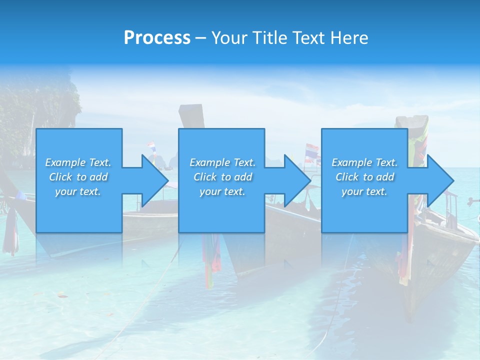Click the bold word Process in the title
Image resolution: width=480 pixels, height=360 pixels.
[x=157, y=37]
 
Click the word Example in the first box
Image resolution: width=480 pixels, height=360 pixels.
[x=65, y=162]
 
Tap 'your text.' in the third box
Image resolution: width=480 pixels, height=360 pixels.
[x=364, y=191]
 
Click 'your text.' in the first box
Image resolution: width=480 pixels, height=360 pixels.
[x=77, y=191]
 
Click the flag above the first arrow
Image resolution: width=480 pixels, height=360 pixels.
[x=151, y=147]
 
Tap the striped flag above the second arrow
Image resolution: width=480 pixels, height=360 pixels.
[x=311, y=151]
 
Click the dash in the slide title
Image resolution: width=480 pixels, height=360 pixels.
[x=200, y=38]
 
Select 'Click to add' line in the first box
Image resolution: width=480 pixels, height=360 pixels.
[x=78, y=177]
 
